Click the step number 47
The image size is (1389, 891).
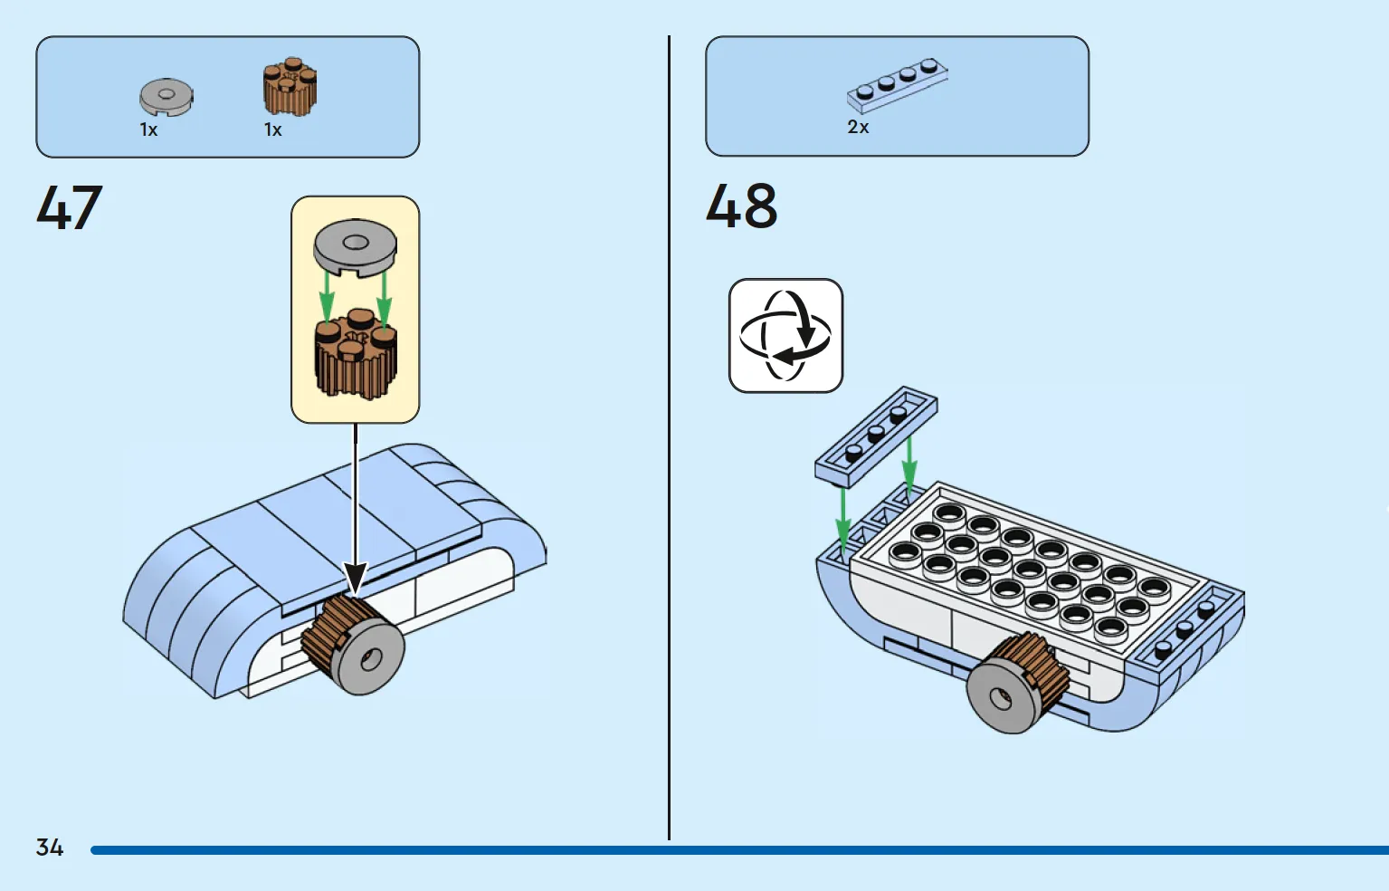pyautogui.click(x=70, y=207)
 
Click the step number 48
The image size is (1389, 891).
pyautogui.click(x=742, y=206)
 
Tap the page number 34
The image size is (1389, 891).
pyautogui.click(x=50, y=848)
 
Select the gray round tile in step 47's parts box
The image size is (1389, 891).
pyautogui.click(x=166, y=97)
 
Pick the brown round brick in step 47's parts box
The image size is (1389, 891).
pyautogui.click(x=290, y=87)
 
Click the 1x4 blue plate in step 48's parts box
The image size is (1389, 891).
pyautogui.click(x=898, y=86)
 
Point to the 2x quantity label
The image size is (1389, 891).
pyautogui.click(x=858, y=127)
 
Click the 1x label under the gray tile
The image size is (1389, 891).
pyautogui.click(x=148, y=129)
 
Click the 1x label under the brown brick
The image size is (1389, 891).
pyautogui.click(x=273, y=129)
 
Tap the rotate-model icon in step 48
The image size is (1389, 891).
pyautogui.click(x=785, y=336)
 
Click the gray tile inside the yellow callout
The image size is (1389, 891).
pyautogui.click(x=356, y=247)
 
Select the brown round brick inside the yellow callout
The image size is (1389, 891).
pyautogui.click(x=356, y=354)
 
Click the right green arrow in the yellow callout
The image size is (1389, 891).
pyautogui.click(x=385, y=299)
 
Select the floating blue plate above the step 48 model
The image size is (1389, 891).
pyautogui.click(x=876, y=436)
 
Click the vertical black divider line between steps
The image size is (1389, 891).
pyautogui.click(x=669, y=437)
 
